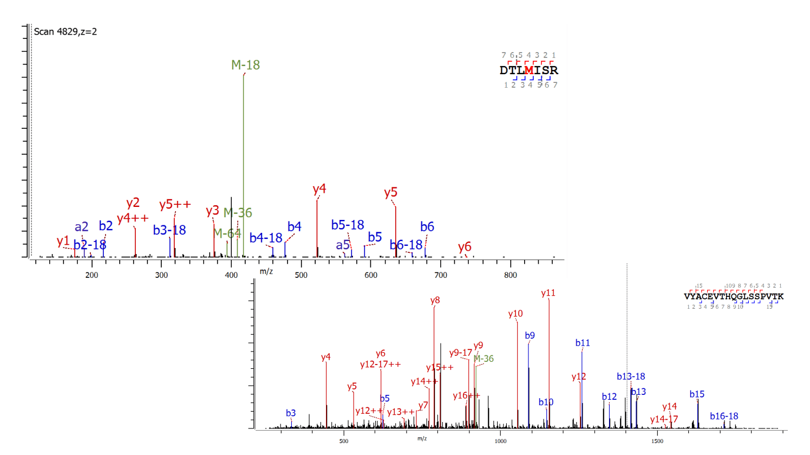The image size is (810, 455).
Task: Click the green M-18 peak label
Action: point(245,65)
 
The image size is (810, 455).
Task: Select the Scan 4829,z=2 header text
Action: point(65,31)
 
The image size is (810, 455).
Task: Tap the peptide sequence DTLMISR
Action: point(528,70)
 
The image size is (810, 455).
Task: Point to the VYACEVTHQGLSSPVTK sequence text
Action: point(734,296)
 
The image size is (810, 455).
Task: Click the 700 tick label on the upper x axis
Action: point(441,275)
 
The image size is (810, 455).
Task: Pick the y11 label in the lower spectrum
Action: point(548,293)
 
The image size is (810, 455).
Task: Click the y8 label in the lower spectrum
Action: point(435,301)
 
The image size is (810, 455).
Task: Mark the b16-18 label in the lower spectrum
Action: point(724,416)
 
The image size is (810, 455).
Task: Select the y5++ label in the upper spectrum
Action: point(175,204)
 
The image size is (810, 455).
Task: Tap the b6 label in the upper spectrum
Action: point(427,226)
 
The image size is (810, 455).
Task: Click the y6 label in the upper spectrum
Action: point(464,246)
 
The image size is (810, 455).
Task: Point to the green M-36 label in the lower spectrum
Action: point(484,359)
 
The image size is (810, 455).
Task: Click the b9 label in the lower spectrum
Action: point(530,335)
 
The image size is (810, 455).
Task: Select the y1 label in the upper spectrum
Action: point(63,241)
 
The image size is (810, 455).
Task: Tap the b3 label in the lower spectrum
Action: point(291,413)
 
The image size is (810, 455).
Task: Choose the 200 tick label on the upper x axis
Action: point(92,275)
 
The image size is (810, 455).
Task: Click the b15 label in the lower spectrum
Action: point(697,394)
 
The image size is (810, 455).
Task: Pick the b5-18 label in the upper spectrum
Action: point(348,225)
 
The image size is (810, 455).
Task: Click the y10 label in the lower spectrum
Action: point(515,314)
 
